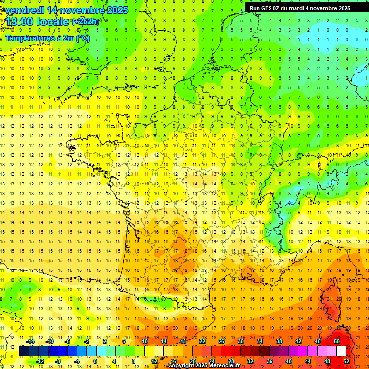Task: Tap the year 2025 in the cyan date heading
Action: coord(117,10)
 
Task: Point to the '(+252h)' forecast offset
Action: coord(86,22)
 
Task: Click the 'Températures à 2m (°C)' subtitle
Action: coord(47,38)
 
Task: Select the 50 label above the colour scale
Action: coord(336,341)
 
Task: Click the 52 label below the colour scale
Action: coord(346,361)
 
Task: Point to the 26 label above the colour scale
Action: coord(221,341)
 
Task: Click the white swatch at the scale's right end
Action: coord(341,351)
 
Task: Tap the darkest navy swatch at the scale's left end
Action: coord(24,351)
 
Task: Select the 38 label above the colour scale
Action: coord(279,341)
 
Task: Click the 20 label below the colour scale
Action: coord(192,361)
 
